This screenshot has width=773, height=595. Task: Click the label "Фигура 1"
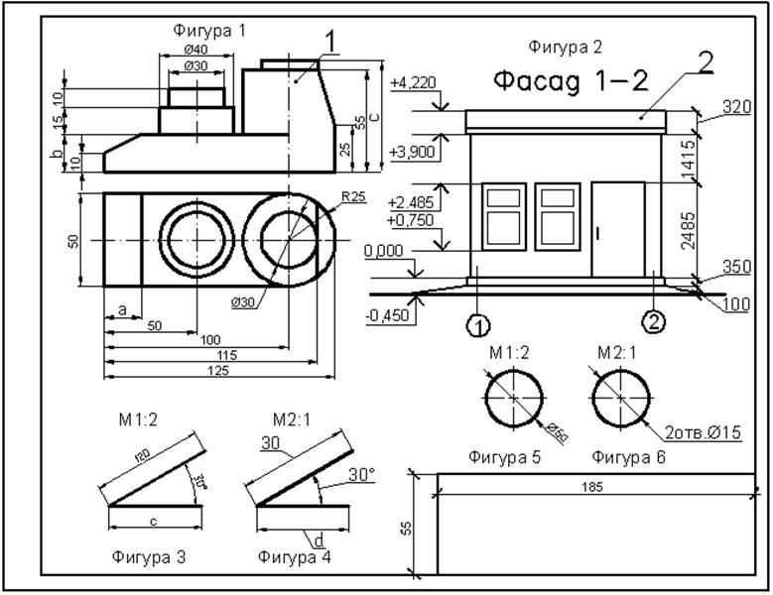(x=211, y=31)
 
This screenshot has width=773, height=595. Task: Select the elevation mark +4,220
(x=414, y=82)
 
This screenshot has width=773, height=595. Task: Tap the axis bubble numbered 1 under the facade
(x=478, y=325)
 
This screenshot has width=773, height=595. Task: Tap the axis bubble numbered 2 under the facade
(x=653, y=320)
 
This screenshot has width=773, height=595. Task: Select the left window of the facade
(x=504, y=215)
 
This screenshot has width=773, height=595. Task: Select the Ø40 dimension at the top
(x=195, y=49)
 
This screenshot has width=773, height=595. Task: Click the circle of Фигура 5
(x=515, y=396)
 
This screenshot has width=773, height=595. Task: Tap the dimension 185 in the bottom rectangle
(x=594, y=487)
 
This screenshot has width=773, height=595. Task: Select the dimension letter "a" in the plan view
(x=122, y=310)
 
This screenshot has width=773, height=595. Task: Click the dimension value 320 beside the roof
(x=735, y=107)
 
